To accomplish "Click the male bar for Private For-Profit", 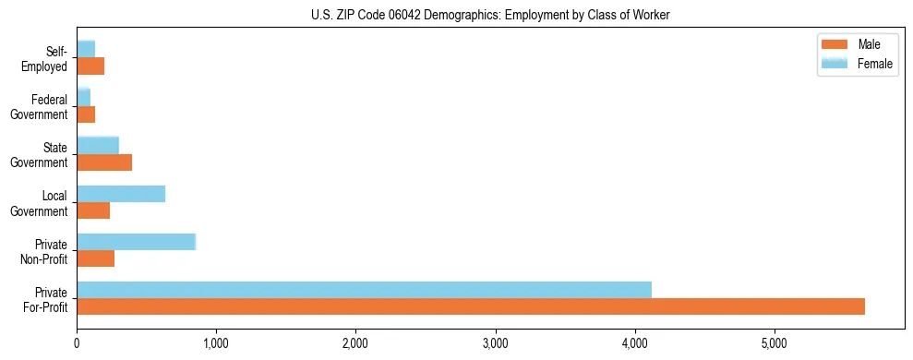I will click(471, 306).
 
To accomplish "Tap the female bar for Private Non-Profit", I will click(136, 242).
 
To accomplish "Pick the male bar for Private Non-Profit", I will click(95, 258).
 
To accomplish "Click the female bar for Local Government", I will click(121, 194).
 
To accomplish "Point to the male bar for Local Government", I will click(93, 210).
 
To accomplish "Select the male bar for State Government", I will click(104, 162).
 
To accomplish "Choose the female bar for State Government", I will click(98, 145).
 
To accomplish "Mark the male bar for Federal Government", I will click(86, 114).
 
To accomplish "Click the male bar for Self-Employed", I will click(90, 66).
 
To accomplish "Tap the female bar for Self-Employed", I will click(86, 49).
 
